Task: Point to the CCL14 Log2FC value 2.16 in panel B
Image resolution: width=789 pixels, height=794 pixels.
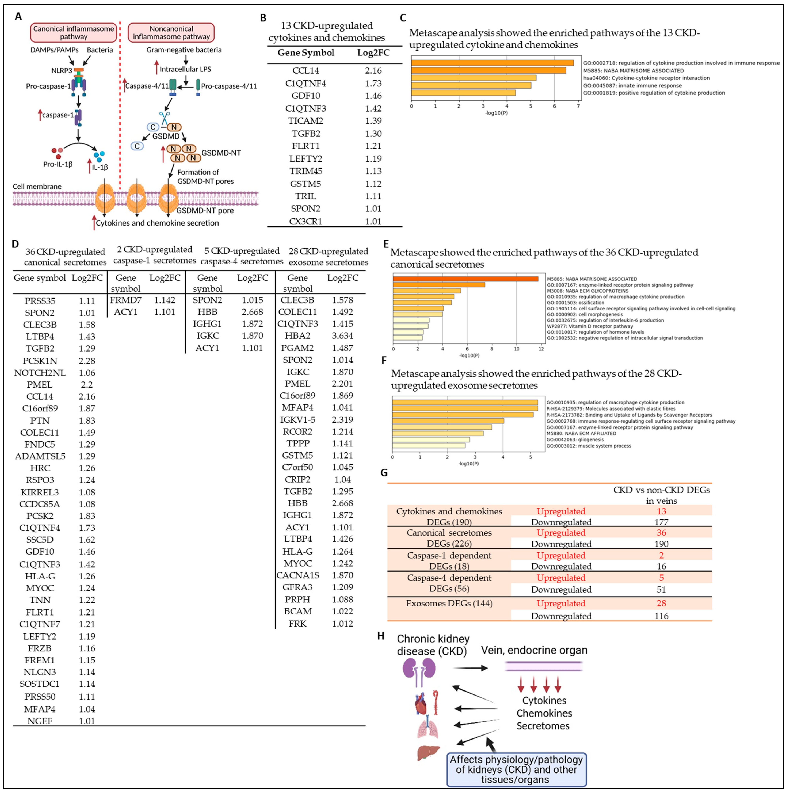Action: [x=373, y=71]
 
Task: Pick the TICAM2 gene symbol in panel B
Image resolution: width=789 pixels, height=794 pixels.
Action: [x=305, y=121]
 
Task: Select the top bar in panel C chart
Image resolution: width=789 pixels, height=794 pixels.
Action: [x=492, y=63]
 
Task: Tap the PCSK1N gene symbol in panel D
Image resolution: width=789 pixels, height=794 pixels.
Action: [x=40, y=361]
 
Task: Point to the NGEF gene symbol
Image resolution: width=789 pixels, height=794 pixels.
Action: [x=40, y=721]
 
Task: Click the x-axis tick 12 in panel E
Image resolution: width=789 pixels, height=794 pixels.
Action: [x=541, y=349]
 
